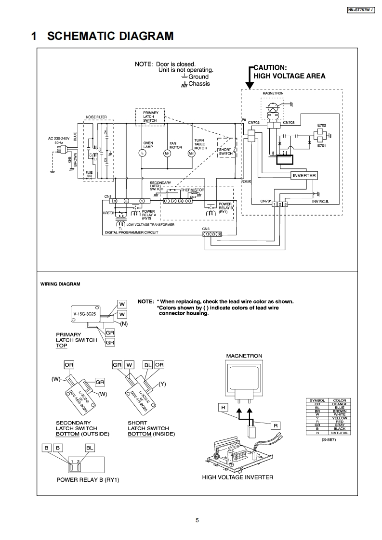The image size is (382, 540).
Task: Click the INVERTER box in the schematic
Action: (x=304, y=176)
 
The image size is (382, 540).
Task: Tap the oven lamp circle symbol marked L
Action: (x=143, y=153)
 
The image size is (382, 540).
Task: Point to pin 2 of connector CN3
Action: (x=212, y=234)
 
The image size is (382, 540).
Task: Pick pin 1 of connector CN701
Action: (x=274, y=205)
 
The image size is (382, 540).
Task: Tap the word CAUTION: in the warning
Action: (x=270, y=67)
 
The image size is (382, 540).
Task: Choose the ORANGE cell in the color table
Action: (x=339, y=404)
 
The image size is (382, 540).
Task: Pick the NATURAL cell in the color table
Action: (x=339, y=433)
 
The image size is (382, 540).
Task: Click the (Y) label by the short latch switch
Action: (x=162, y=384)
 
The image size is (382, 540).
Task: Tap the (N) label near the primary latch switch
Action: (x=123, y=323)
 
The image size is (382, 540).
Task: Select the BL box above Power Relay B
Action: (x=90, y=448)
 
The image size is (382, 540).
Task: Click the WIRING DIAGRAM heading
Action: (x=60, y=284)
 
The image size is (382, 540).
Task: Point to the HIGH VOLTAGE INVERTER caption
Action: (x=237, y=477)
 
